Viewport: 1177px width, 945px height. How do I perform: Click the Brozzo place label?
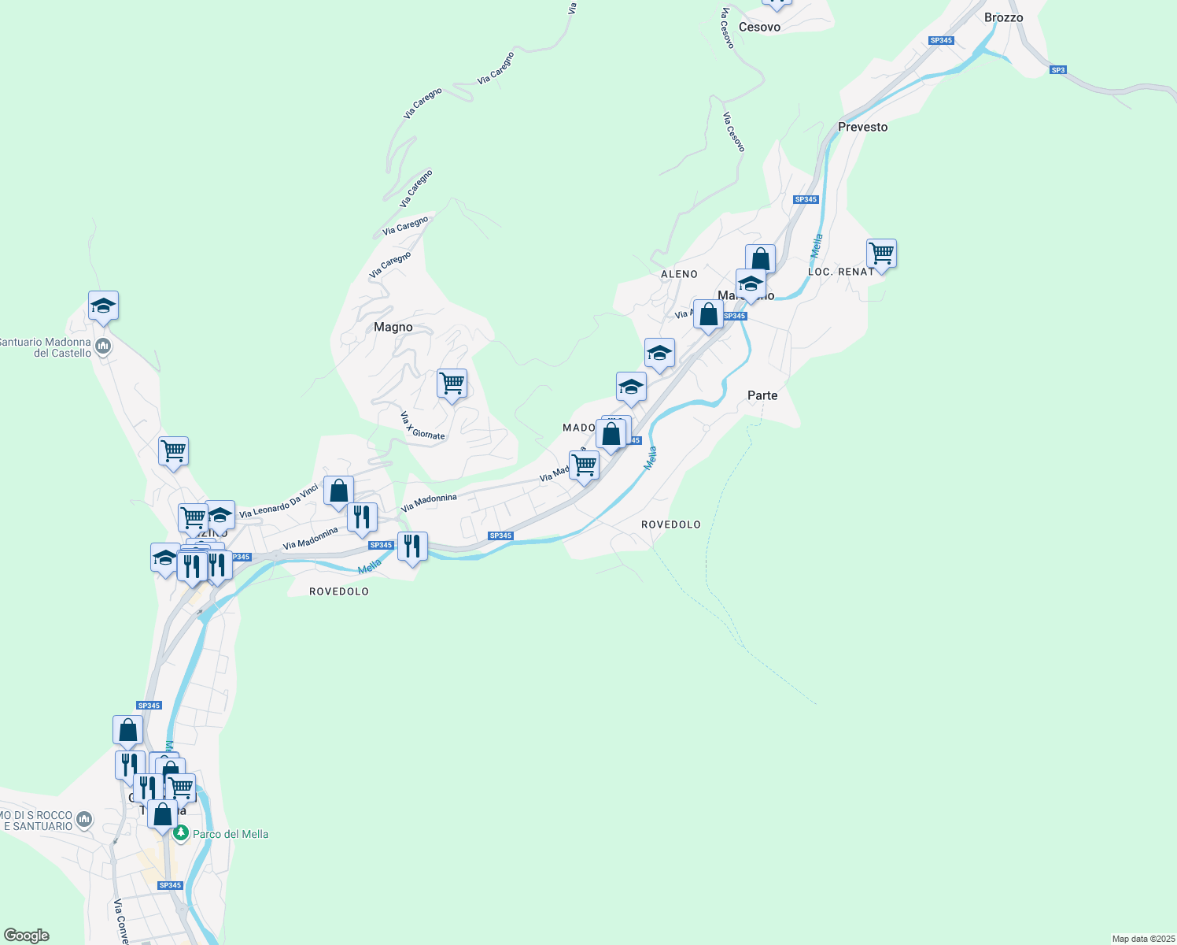point(1003,17)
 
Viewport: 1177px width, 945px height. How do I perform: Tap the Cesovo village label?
point(759,27)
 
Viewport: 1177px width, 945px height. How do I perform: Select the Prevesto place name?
point(862,127)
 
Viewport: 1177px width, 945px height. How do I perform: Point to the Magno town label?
point(393,327)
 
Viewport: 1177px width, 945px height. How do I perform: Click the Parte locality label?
point(762,395)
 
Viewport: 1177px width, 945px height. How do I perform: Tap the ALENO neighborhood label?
point(679,274)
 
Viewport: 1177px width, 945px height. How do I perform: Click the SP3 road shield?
point(1057,70)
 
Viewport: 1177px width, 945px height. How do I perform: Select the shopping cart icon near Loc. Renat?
point(881,254)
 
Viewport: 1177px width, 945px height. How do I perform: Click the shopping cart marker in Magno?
point(452,384)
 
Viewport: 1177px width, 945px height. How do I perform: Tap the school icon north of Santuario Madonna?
point(103,306)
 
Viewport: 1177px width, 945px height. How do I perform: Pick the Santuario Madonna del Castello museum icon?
point(102,346)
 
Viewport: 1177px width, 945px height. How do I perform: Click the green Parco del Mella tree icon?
point(181,832)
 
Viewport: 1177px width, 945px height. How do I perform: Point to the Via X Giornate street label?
point(422,425)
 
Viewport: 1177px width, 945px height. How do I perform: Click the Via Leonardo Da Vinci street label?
point(279,501)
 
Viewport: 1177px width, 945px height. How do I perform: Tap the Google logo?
point(27,936)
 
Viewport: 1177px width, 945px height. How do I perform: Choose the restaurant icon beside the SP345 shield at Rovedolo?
point(412,546)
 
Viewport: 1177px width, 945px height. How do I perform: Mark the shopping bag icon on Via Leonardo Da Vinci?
point(338,491)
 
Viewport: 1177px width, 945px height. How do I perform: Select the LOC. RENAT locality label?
point(840,272)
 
